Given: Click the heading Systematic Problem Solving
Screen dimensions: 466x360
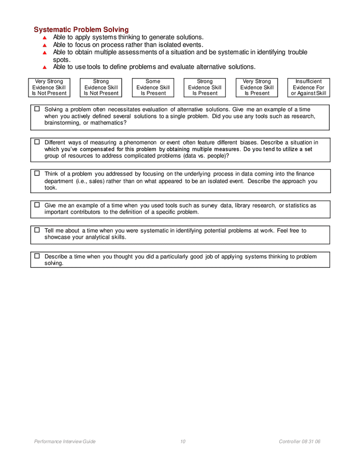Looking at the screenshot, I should coord(81,30).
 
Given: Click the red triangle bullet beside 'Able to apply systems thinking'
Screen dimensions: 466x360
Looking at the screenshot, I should coord(45,38).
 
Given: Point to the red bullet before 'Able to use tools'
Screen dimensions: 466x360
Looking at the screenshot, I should coord(45,67).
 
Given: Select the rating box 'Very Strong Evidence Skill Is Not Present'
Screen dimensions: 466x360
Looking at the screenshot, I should coord(49,88).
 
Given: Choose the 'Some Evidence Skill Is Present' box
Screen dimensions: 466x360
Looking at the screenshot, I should coord(153,88).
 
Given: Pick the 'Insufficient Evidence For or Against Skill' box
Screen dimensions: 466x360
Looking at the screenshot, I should coord(308,88).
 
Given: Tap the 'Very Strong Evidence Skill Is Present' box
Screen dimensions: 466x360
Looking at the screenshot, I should coord(256,88).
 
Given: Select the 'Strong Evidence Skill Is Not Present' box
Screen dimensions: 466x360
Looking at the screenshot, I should coord(101,88).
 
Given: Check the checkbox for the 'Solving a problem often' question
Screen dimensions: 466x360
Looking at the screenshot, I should coord(37,109).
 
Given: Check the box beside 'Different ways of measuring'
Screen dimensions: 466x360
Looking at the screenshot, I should coord(37,142).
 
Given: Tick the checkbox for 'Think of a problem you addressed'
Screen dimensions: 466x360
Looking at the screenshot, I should coord(37,173).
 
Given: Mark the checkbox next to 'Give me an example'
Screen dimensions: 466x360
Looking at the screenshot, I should coord(37,205).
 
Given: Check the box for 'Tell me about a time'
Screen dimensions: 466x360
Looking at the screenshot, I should coord(37,230).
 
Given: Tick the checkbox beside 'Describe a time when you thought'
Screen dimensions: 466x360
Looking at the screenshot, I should coord(37,256).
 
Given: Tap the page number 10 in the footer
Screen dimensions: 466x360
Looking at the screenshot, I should coord(183,442).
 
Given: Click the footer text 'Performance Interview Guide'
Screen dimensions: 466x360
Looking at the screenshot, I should coord(65,442).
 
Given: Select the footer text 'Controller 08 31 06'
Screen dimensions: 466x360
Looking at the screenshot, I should coord(299,442).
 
